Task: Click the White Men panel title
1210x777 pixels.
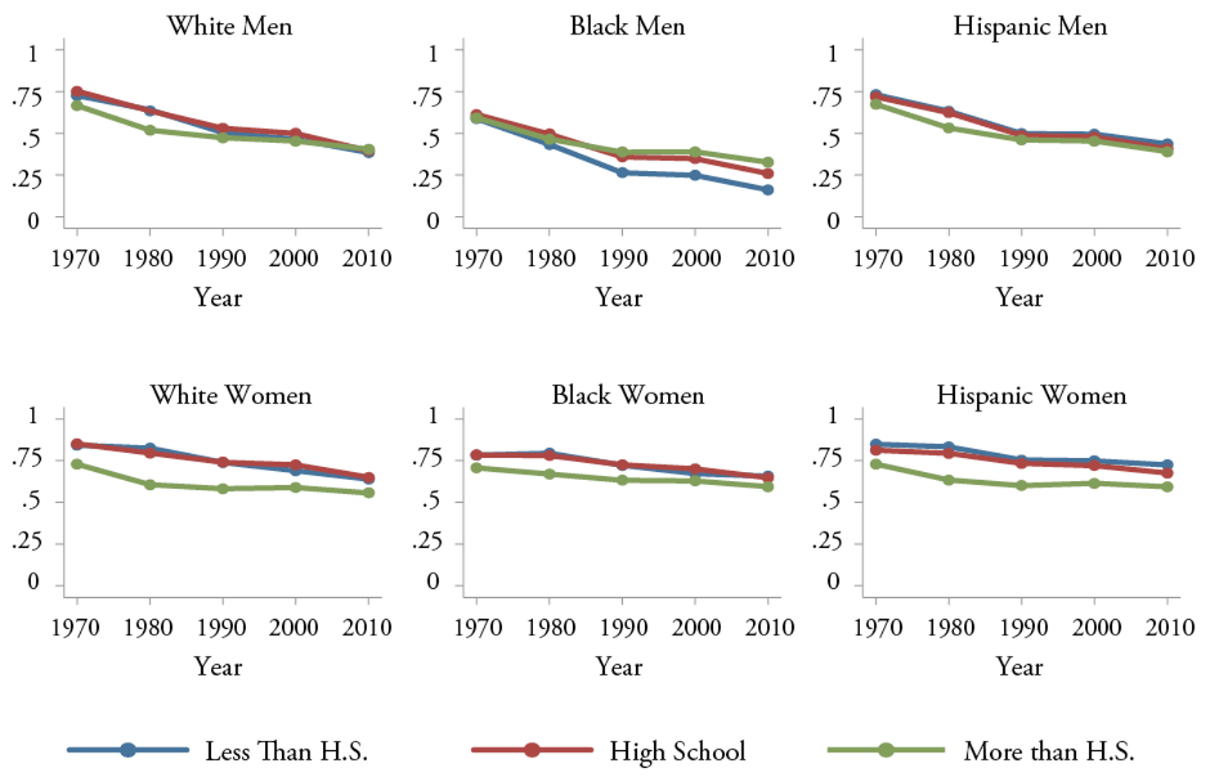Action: [230, 26]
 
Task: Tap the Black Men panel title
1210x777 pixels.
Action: [627, 26]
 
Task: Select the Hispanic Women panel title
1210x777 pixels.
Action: [1031, 396]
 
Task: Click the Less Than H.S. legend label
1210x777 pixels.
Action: [286, 751]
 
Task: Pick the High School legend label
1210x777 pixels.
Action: [677, 751]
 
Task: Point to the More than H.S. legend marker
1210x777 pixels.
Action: [885, 750]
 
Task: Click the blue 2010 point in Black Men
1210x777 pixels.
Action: [768, 190]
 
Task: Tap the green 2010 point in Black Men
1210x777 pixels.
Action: [768, 163]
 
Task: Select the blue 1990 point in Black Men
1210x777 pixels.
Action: [622, 173]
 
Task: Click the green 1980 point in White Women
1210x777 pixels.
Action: [150, 485]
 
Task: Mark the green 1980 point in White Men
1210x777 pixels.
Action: [150, 130]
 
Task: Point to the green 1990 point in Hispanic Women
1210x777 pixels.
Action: [1021, 486]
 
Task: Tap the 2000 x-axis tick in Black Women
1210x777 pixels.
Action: [696, 627]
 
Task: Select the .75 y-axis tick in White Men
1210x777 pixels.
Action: [26, 97]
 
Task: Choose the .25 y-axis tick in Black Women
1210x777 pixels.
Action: [426, 541]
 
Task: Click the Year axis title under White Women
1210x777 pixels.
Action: [217, 667]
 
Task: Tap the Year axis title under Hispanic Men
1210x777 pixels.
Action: [1019, 297]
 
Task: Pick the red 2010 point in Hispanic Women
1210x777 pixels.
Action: [1167, 473]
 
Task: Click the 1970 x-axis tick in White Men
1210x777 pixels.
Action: [76, 258]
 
